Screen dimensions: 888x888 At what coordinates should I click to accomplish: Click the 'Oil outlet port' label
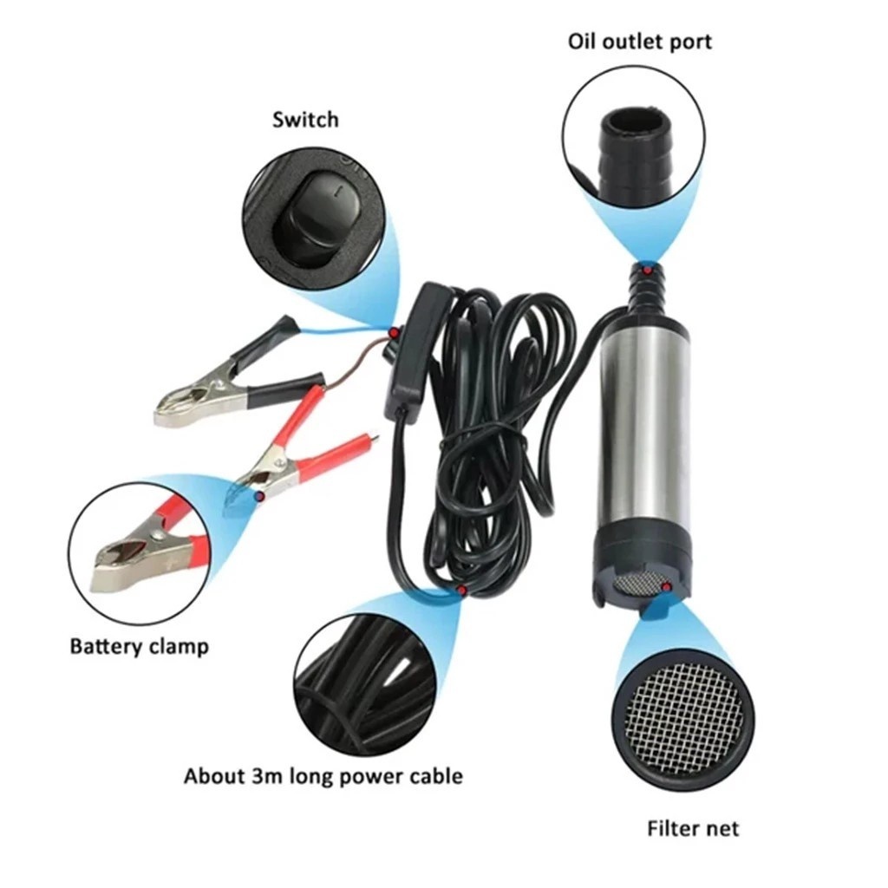pos(639,42)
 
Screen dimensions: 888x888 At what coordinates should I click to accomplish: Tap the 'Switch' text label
pos(305,120)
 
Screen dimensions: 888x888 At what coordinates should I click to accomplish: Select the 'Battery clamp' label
pos(140,646)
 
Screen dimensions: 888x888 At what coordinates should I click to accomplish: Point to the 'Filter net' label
pos(693,828)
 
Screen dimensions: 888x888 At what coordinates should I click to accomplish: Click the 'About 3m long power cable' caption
pos(323,776)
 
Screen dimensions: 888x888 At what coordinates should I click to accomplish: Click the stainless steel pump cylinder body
pos(644,430)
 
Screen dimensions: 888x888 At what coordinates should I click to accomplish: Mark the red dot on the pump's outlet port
pos(646,271)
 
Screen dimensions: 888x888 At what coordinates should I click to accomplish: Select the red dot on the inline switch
pos(393,334)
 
